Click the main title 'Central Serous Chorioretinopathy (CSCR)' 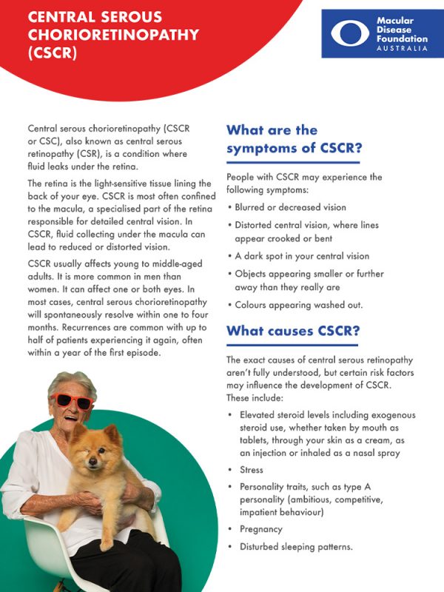[x=104, y=34]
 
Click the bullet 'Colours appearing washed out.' [x=297, y=304]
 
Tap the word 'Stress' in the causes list [x=251, y=470]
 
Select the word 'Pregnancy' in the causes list [x=260, y=529]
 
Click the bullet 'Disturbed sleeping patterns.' [x=295, y=547]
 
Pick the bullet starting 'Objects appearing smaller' [x=308, y=280]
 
